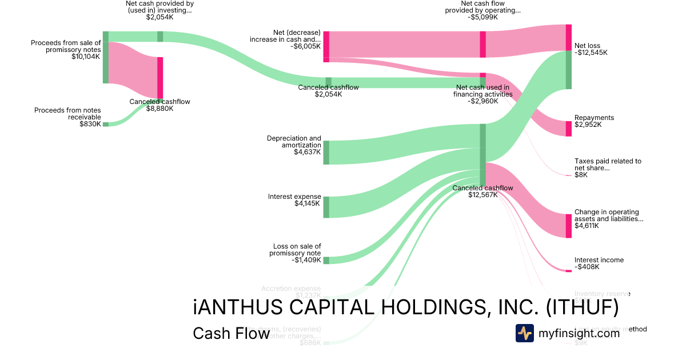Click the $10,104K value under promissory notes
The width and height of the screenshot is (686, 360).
point(86,57)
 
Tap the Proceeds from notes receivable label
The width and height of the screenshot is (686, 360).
point(67,114)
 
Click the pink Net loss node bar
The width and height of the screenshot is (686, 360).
point(568,38)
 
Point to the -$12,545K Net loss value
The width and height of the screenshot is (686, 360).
point(591,53)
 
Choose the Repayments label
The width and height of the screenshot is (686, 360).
point(594,118)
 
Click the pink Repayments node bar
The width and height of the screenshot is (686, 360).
point(568,129)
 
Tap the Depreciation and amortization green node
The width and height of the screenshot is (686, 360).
point(326,153)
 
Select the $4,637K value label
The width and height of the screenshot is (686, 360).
point(308,152)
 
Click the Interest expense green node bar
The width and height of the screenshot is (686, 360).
point(326,207)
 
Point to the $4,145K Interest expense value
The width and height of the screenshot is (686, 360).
point(308,203)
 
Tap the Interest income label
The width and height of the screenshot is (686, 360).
point(599,260)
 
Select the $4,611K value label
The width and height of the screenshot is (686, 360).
point(587,226)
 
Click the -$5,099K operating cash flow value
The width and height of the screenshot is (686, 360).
point(482,17)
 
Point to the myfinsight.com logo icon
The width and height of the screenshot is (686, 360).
point(524,333)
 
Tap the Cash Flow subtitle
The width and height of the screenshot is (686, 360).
point(231,333)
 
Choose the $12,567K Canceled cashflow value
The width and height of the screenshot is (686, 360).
point(482,195)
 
